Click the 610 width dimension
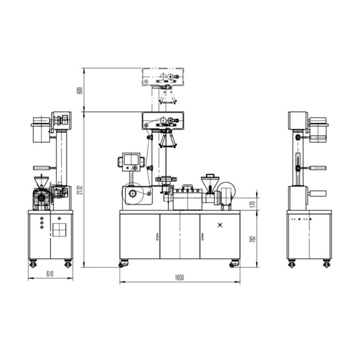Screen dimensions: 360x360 click(x=50, y=274)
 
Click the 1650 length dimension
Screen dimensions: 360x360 click(x=179, y=278)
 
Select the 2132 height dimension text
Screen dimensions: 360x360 click(x=80, y=189)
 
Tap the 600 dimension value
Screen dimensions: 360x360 click(x=80, y=90)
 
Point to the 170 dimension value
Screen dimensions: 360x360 click(x=253, y=204)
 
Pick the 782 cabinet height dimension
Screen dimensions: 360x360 click(x=253, y=239)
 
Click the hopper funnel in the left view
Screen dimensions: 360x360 click(x=41, y=181)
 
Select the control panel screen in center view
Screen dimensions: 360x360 click(x=131, y=160)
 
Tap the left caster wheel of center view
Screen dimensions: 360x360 click(x=123, y=263)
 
